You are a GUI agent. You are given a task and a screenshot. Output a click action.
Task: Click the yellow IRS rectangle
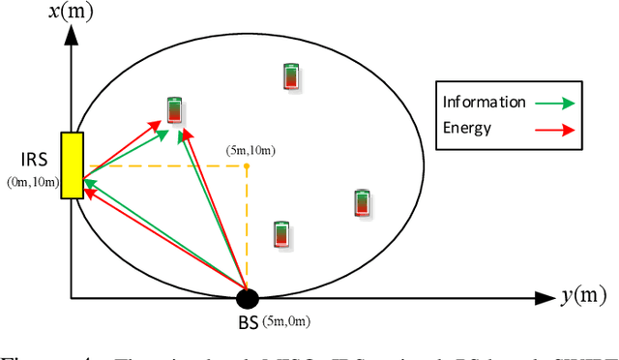[x=72, y=165]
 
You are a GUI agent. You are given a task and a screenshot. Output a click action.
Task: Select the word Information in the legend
[x=484, y=102]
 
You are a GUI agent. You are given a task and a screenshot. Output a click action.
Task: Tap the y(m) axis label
[x=587, y=297]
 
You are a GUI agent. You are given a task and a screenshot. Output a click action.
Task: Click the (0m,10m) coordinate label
[x=32, y=181]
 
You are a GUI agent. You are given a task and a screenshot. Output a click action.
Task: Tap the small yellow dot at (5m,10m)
[x=247, y=166]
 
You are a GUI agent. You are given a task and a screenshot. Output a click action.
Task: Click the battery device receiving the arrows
[x=174, y=110]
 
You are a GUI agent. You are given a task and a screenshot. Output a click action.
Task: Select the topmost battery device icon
[x=291, y=76]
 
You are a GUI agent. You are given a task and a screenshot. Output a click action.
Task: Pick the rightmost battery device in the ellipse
[x=362, y=203]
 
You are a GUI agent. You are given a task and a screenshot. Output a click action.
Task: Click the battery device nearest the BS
[x=280, y=234]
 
